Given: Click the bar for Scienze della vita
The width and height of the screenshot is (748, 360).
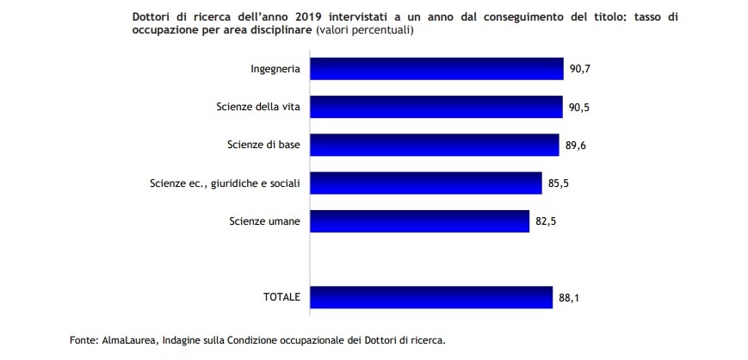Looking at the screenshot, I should click(x=436, y=106).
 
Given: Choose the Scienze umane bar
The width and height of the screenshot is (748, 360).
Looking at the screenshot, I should click(x=418, y=221).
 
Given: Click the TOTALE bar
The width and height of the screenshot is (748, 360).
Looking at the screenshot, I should click(x=430, y=297).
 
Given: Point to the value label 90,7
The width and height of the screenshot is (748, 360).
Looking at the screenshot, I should click(x=579, y=68).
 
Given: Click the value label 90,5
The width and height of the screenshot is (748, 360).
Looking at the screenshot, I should click(x=578, y=107).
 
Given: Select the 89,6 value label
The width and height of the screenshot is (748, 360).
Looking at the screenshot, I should click(x=574, y=145).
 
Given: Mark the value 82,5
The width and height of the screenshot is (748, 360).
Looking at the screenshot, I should click(x=546, y=222).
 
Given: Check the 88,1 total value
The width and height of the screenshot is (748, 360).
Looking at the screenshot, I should click(x=569, y=298).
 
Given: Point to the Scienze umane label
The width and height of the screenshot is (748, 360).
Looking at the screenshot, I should click(x=264, y=221).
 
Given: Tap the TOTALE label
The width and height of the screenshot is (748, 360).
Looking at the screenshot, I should click(x=281, y=297).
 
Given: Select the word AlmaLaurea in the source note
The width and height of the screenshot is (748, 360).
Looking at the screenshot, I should click(x=128, y=340).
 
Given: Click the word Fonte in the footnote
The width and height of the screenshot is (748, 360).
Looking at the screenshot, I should click(x=83, y=340).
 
